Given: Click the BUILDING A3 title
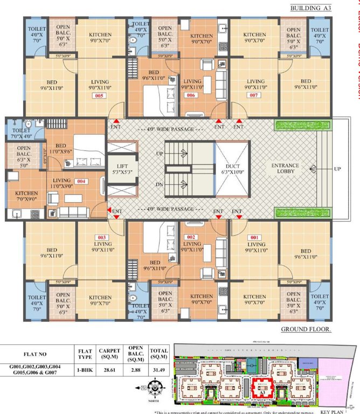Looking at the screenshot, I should [310, 8].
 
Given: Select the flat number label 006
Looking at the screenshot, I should [191, 95].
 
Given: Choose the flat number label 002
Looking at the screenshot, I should [191, 237].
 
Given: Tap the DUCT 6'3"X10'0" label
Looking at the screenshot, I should [233, 169].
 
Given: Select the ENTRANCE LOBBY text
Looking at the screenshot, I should [285, 169].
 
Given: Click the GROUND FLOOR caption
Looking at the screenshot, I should [306, 328].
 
